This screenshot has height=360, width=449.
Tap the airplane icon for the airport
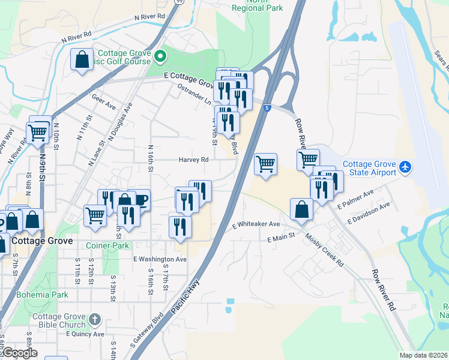pos(406,166)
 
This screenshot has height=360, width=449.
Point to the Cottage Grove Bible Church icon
pos(95,318)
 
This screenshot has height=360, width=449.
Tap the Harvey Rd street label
pos(193,160)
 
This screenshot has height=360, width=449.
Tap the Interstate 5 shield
pos(267,108)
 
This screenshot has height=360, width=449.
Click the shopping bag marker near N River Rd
pos(82,59)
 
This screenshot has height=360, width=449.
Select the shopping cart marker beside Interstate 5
pos(265,163)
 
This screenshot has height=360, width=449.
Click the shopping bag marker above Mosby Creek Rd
pos(301,209)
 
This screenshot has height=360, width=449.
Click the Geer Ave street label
pos(103,100)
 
